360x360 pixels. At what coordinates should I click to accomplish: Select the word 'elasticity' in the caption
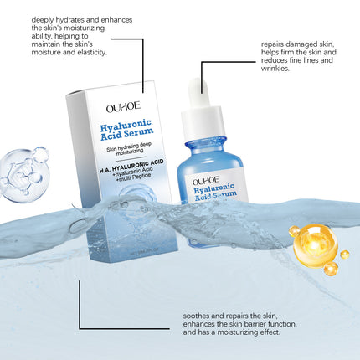(x=86, y=53)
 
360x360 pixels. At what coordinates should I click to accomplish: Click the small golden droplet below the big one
(x=331, y=269)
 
